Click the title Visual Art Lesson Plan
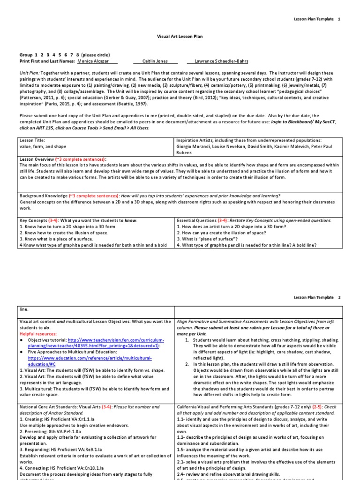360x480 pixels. coord(179,36)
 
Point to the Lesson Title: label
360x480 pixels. coord(31,140)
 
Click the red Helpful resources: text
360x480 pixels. coord(37,333)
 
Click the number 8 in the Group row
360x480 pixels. coord(77,55)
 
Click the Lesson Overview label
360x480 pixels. coord(37,159)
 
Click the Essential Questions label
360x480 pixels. coord(195,220)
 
